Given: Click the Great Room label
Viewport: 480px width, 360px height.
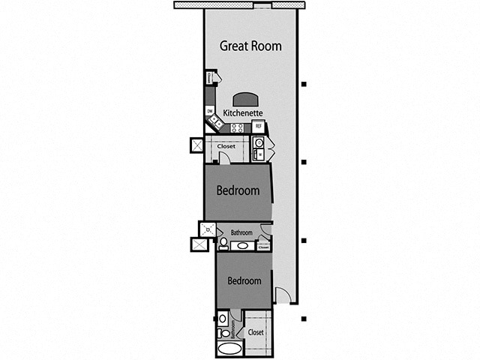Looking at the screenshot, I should tap(250, 46).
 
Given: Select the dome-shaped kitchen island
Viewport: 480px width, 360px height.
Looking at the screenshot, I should tap(245, 100).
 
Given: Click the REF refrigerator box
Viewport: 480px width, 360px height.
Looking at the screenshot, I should tap(257, 126).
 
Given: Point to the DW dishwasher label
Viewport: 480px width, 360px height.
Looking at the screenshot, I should tap(210, 111).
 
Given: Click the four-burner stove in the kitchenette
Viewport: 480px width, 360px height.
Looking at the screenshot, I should tap(237, 127).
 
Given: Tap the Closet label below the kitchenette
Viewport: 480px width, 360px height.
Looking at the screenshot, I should tap(227, 146).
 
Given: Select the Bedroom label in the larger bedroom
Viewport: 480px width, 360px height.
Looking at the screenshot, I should tap(238, 190).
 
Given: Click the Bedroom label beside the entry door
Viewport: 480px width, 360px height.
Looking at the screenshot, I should tap(244, 281).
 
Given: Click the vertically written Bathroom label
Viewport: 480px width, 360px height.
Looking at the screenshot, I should tap(233, 328).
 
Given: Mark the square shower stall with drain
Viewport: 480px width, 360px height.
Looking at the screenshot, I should tap(208, 229).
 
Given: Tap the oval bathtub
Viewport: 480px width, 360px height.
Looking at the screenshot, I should tap(229, 349).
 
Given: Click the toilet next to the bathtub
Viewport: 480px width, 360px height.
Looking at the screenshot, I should tap(223, 333).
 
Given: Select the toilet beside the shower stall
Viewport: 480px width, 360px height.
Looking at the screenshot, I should tap(223, 243).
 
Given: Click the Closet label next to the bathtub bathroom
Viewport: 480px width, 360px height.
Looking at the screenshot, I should tap(256, 331).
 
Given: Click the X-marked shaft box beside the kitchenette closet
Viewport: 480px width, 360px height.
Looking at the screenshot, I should tap(197, 145).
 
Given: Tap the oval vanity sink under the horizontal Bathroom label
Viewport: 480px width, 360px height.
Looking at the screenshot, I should tap(242, 245).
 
